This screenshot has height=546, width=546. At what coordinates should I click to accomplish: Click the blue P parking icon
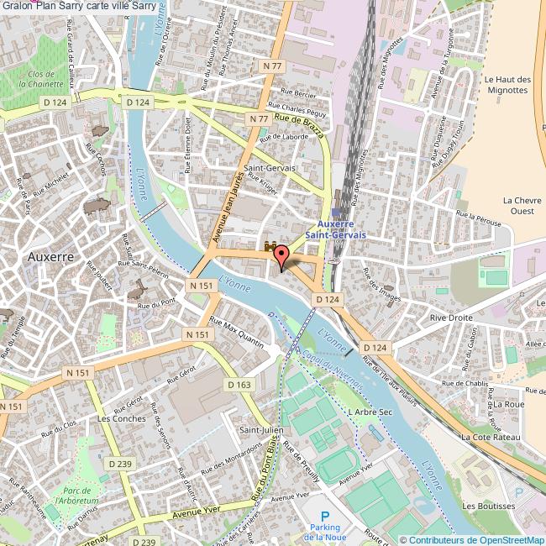click(326, 515)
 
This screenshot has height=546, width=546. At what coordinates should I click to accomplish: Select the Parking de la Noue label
click(326, 532)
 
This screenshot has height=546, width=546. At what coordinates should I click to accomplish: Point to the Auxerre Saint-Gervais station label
click(334, 230)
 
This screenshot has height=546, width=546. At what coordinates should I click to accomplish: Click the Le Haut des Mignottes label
click(508, 85)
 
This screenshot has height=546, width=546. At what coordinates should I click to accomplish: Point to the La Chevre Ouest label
click(518, 206)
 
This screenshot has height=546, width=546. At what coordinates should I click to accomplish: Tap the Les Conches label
click(121, 418)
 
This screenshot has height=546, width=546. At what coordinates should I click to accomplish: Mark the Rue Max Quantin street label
click(237, 333)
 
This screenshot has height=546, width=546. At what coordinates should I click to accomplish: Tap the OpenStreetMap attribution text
click(471, 539)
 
